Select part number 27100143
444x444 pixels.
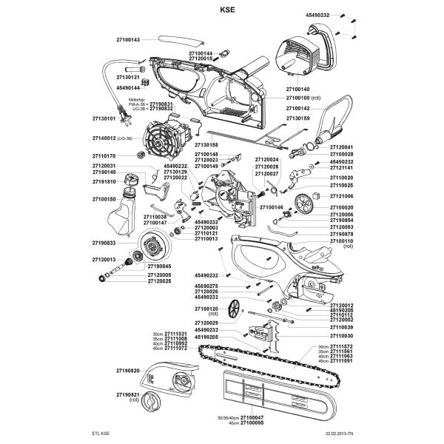point(128,39)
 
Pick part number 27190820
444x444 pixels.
point(128,369)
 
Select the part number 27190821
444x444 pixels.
point(128,396)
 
